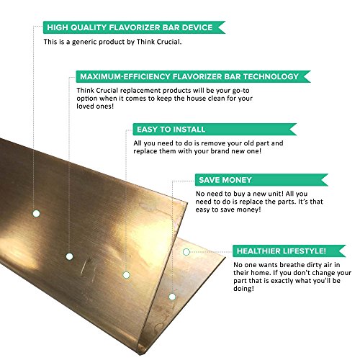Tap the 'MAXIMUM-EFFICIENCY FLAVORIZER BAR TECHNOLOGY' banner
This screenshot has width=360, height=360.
(x=194, y=76)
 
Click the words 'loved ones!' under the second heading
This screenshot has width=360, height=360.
(x=100, y=112)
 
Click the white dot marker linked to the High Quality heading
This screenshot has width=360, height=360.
(x=35, y=213)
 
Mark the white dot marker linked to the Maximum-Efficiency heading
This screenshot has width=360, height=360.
(x=69, y=256)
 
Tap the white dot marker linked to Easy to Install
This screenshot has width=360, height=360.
(x=125, y=275)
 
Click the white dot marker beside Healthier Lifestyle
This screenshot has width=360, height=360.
(x=186, y=252)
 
